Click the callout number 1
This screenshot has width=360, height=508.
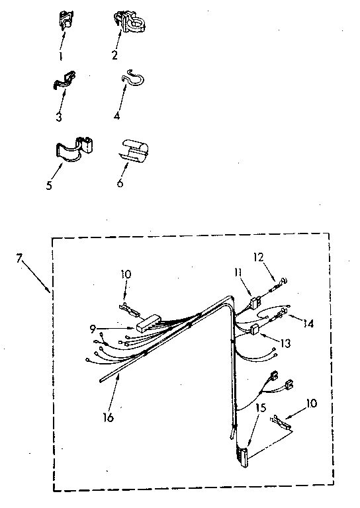60,57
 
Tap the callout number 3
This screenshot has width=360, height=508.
59,117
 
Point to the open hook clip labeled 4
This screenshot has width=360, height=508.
132,78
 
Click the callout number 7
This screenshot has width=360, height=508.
19,259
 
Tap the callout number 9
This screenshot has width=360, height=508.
93,329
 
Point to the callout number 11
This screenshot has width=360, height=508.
238,272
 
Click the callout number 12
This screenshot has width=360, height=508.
259,257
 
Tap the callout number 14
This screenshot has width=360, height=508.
308,323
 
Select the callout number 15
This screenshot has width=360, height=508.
261,407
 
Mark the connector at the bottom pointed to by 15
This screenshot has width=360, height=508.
243,456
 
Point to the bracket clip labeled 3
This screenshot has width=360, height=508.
64,80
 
